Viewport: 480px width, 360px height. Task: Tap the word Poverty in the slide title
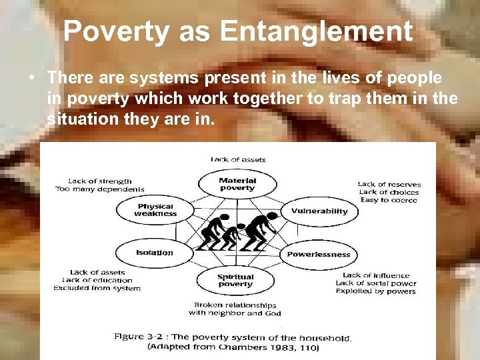click(x=117, y=31)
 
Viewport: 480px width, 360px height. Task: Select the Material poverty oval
click(x=237, y=184)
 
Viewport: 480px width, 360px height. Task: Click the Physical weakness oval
click(x=155, y=210)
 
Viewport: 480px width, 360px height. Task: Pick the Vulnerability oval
click(x=319, y=211)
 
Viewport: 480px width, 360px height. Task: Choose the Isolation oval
click(x=155, y=253)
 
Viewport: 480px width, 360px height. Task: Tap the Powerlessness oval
click(x=318, y=254)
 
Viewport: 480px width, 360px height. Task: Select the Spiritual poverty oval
click(x=235, y=281)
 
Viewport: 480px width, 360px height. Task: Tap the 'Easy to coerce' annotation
click(x=389, y=200)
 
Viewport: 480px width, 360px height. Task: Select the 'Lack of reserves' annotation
click(x=389, y=184)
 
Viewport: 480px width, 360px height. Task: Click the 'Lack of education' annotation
click(x=97, y=280)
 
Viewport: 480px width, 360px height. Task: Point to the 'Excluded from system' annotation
click(x=97, y=288)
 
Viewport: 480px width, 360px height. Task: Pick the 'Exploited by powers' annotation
click(x=375, y=291)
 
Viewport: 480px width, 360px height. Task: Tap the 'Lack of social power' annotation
click(x=375, y=283)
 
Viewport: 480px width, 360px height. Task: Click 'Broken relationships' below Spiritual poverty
click(x=235, y=305)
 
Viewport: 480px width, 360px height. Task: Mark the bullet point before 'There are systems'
click(x=32, y=79)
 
